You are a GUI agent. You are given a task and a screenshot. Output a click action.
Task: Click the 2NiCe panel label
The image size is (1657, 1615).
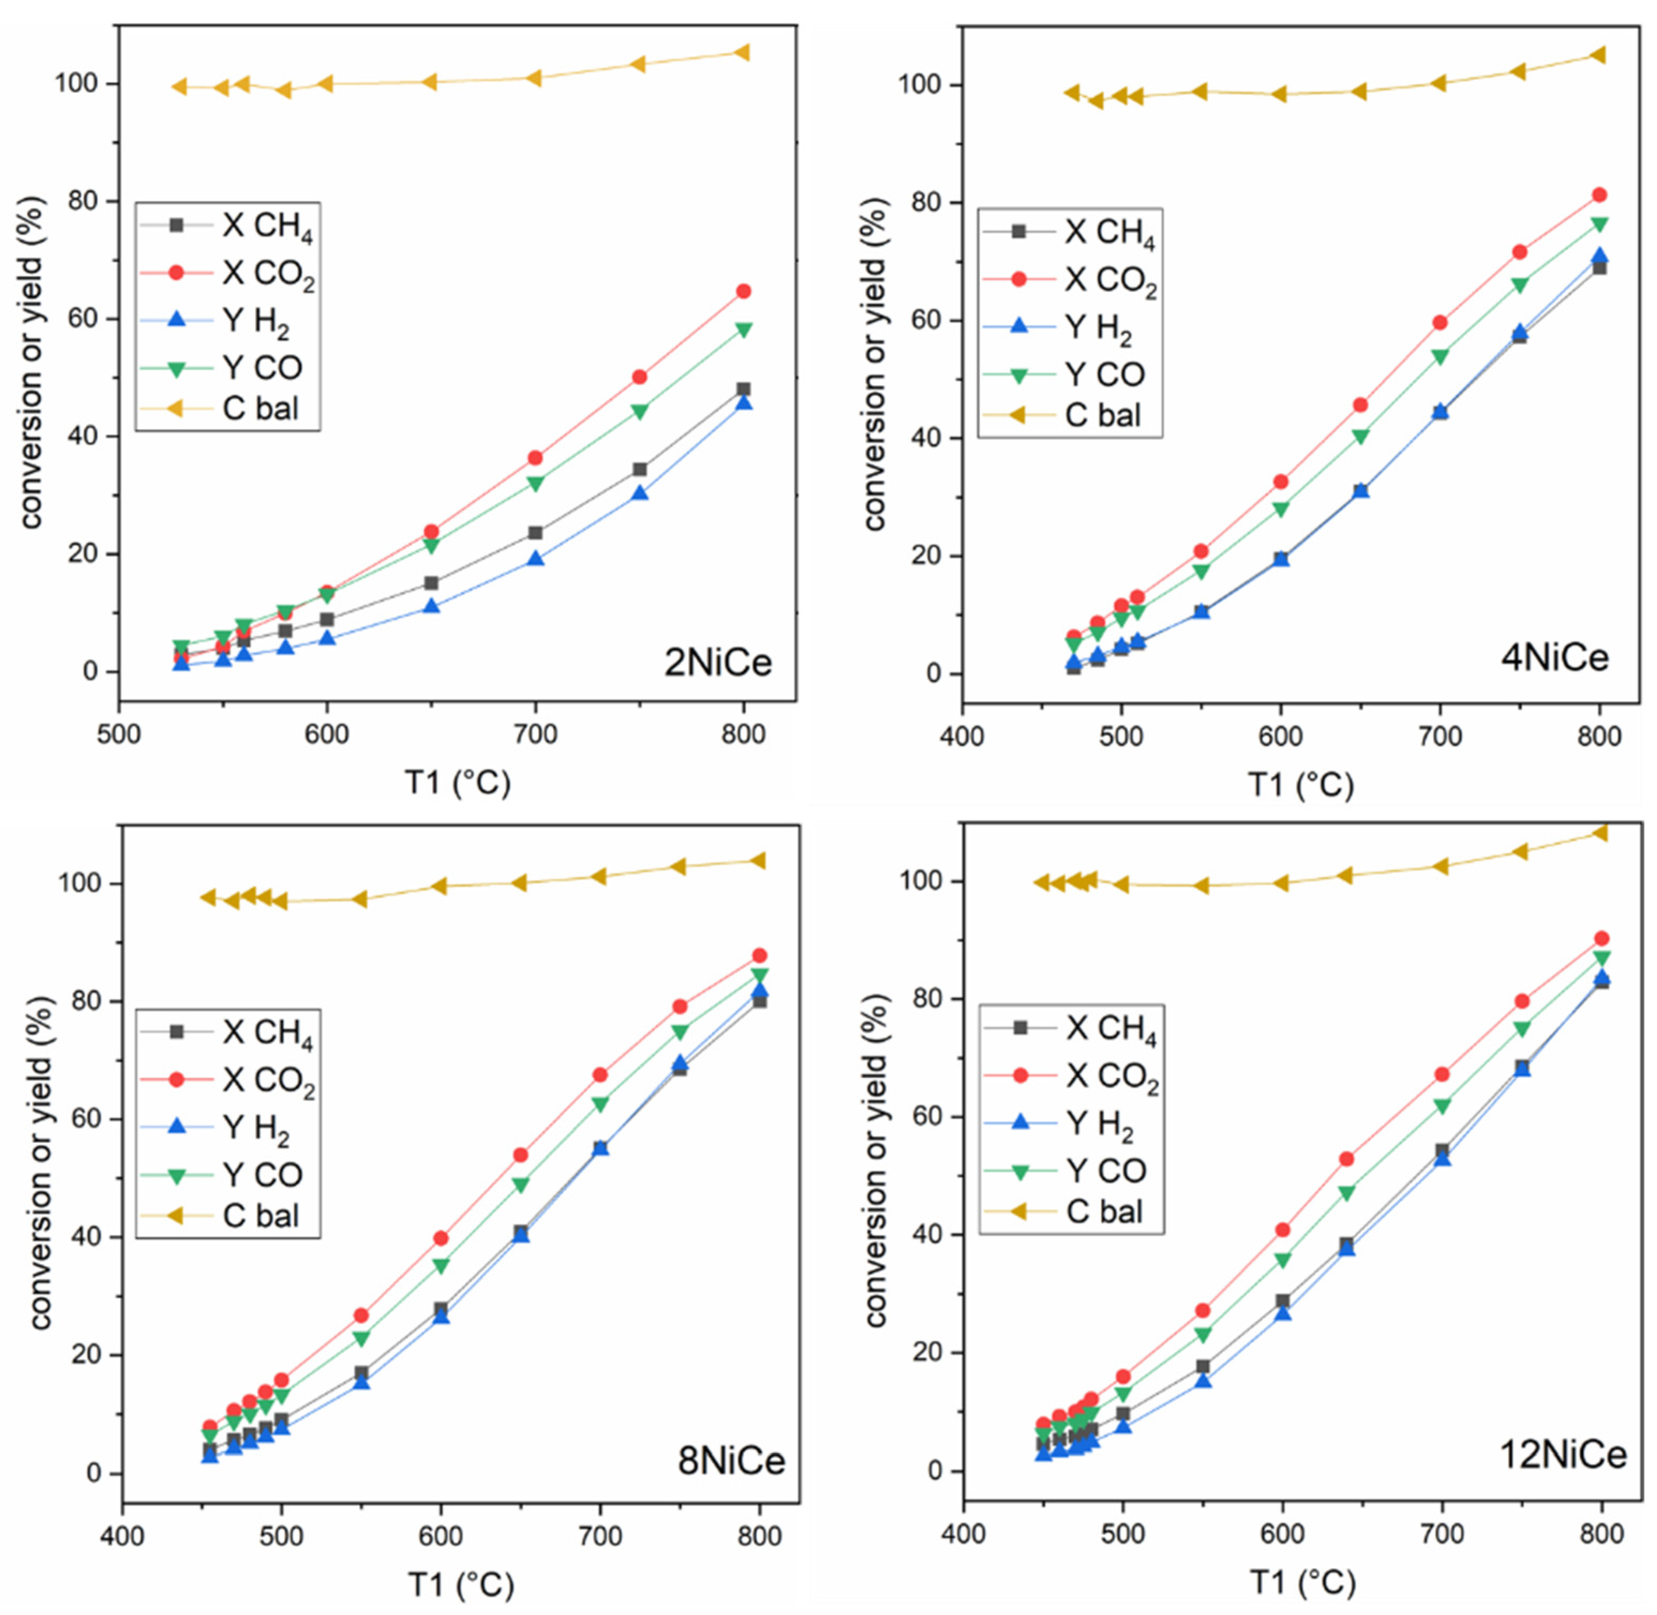pyautogui.click(x=718, y=662)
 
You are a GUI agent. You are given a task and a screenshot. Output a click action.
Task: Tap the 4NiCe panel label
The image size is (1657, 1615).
pyautogui.click(x=1554, y=657)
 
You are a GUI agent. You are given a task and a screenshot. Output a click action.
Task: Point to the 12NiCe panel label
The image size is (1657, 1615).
pyautogui.click(x=1563, y=1455)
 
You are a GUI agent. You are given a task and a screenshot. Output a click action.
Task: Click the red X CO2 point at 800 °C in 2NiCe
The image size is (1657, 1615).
pyautogui.click(x=743, y=291)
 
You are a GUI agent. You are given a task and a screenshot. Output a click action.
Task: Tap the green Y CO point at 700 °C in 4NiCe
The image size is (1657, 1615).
pyautogui.click(x=1440, y=357)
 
